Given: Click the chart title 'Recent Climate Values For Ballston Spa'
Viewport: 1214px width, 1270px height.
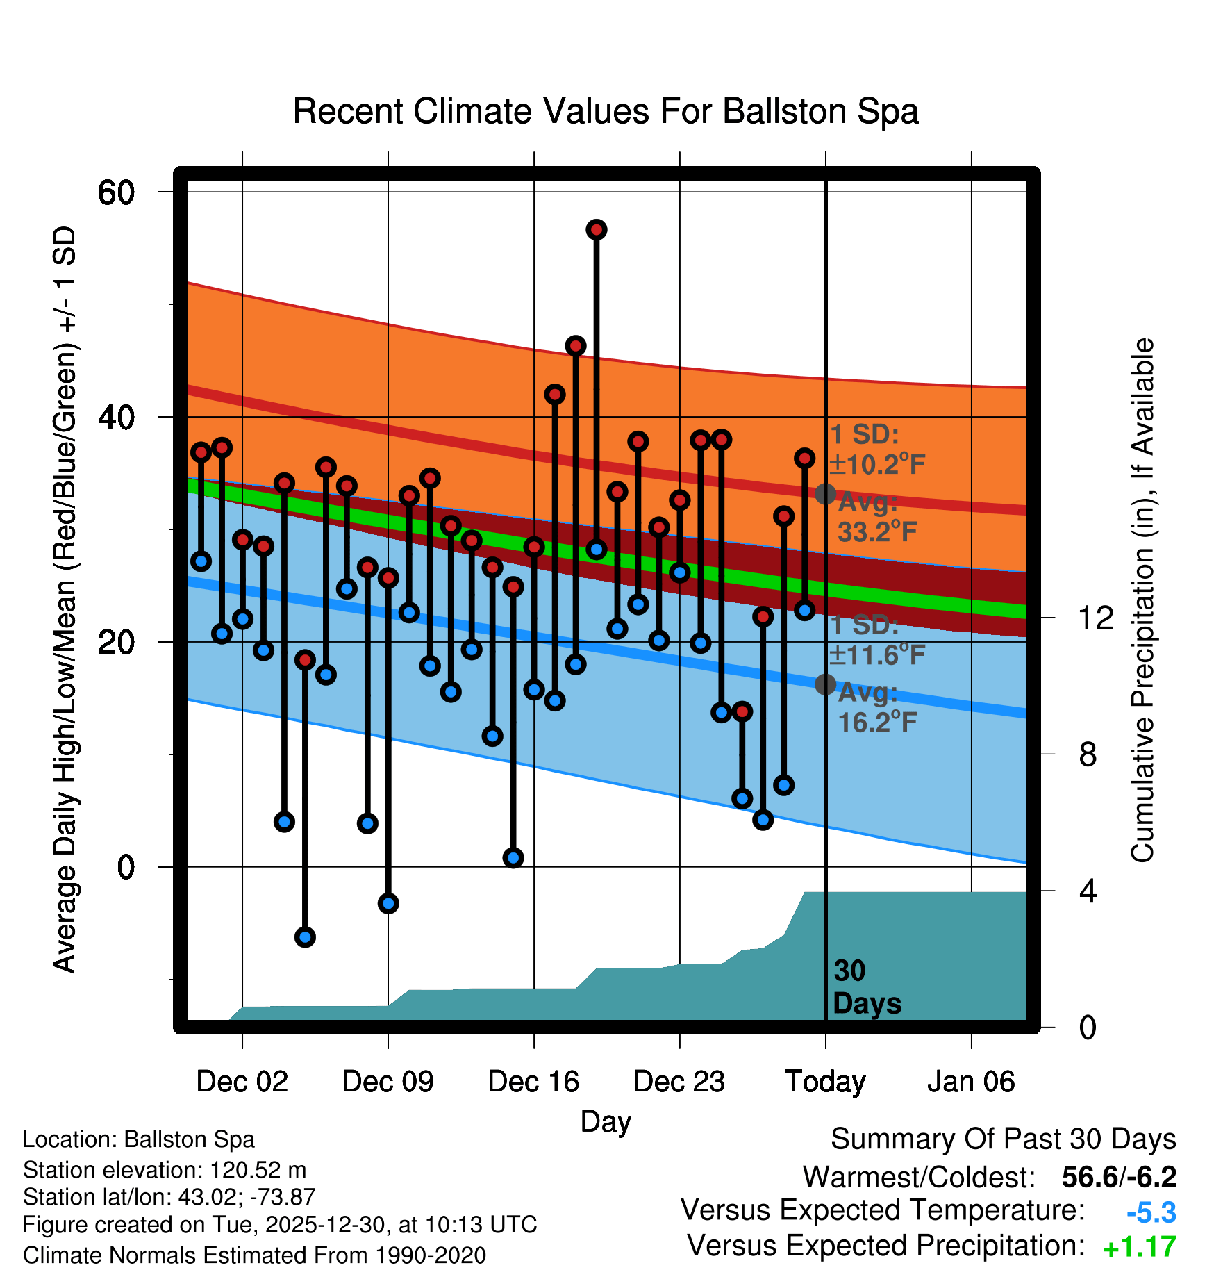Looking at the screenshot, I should [x=606, y=111].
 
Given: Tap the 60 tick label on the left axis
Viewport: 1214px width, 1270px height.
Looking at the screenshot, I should [x=116, y=192].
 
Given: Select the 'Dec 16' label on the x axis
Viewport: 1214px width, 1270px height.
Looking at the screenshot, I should [x=533, y=1082].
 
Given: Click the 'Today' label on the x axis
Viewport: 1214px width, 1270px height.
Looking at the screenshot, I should [x=825, y=1082].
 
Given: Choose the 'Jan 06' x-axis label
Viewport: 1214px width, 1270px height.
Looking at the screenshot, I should [x=971, y=1082].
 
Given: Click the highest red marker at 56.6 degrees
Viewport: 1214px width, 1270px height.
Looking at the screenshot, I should [x=597, y=230].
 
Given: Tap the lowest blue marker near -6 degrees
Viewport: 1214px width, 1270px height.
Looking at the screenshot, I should [x=305, y=937].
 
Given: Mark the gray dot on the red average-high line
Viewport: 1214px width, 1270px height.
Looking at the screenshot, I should [x=825, y=494].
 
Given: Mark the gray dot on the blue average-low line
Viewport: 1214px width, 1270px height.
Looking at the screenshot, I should [x=825, y=684].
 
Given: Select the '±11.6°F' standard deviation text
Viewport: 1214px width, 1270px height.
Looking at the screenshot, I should [x=877, y=654].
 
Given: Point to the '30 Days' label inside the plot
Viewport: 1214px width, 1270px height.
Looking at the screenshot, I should [x=866, y=987].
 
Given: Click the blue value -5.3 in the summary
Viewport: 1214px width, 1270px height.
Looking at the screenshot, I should [x=1151, y=1213].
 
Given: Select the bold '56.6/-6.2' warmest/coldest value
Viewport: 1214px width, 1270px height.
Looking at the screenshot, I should [x=1119, y=1177].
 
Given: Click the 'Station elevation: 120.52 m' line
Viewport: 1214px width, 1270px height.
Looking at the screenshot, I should [x=165, y=1170].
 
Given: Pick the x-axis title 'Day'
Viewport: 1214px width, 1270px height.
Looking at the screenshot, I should [x=606, y=1121].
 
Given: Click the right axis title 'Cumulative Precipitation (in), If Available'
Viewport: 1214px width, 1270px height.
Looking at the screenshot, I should [x=1142, y=600].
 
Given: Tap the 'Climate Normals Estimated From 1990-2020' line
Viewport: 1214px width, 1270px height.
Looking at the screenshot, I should [x=254, y=1255].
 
